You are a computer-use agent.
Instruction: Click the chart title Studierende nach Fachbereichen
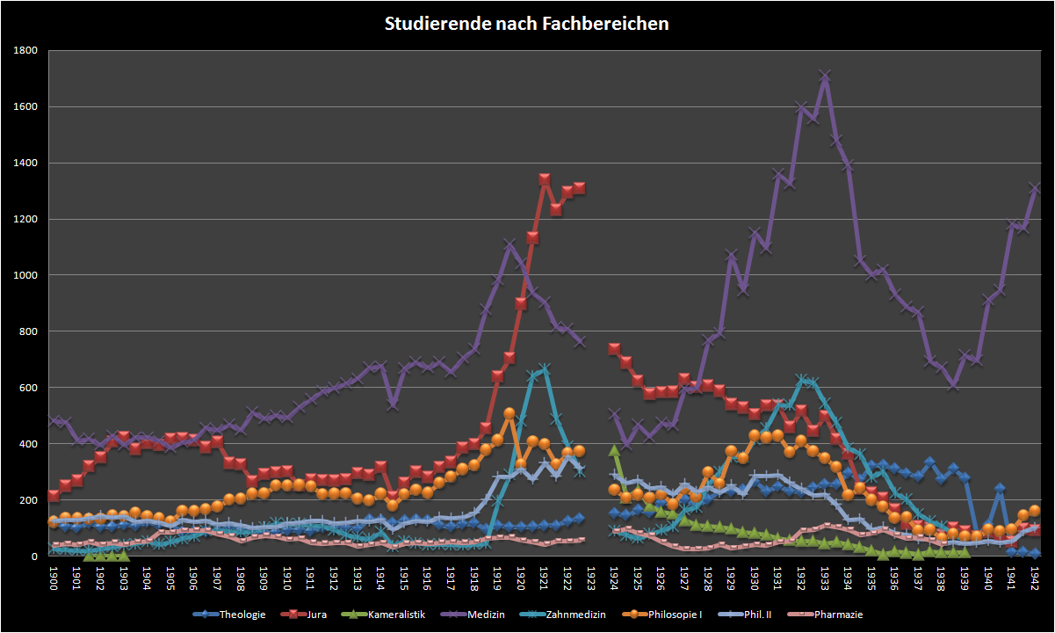pyautogui.click(x=527, y=24)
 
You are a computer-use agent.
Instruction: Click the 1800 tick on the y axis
pyautogui.click(x=25, y=51)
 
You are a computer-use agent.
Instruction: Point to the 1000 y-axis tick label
pyautogui.click(x=25, y=275)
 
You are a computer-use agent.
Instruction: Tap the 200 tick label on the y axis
pyautogui.click(x=29, y=500)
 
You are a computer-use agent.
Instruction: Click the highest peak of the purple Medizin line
pyautogui.click(x=825, y=76)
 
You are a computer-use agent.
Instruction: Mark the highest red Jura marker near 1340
pyautogui.click(x=545, y=179)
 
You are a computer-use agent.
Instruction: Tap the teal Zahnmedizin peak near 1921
pyautogui.click(x=545, y=369)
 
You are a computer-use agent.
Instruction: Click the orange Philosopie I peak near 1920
pyautogui.click(x=509, y=412)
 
